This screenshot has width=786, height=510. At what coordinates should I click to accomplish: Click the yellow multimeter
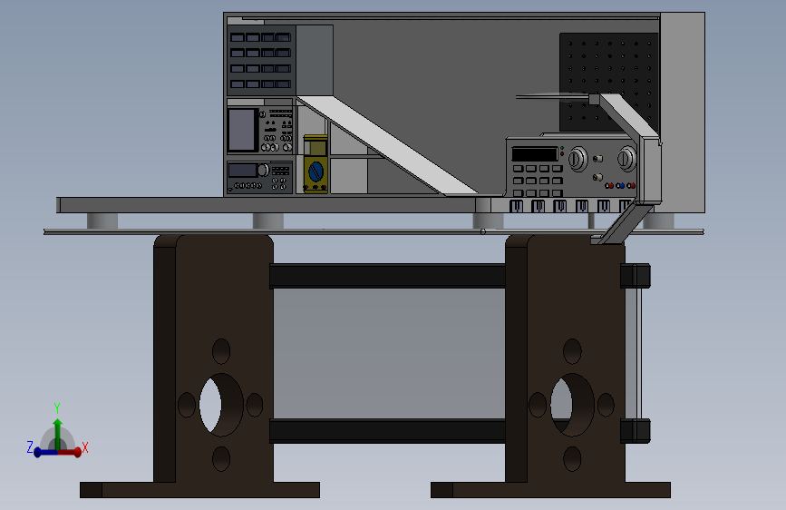pos(315,164)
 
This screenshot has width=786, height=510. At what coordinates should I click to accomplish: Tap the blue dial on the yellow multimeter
pos(315,171)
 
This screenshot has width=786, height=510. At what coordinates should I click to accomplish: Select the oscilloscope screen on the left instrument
pos(242,131)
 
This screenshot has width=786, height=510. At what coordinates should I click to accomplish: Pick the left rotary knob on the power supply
pos(576,161)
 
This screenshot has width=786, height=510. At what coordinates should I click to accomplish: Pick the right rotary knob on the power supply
pos(626,161)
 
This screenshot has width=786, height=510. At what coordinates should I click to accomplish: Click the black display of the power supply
pos(535,154)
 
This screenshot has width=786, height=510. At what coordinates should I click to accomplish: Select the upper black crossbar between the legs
pos(388,276)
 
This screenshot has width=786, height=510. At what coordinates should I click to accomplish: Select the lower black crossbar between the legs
pos(388,430)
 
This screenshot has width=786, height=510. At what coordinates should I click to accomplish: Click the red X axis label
pos(85,447)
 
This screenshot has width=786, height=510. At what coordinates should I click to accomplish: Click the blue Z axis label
pos(30,447)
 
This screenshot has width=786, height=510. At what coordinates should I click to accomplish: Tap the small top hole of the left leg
pos(221,351)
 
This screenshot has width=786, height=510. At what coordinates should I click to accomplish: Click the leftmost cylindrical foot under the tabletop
pos(102,221)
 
